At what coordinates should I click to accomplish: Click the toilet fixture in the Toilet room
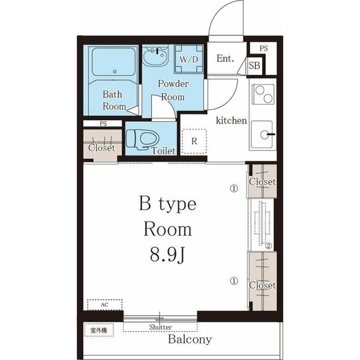tap(143, 140)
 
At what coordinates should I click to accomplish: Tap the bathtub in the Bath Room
tap(113, 62)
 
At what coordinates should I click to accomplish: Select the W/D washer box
tap(189, 59)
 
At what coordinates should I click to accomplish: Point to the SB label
tap(254, 65)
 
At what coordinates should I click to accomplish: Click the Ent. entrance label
tap(225, 59)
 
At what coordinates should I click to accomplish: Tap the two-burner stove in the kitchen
tap(263, 94)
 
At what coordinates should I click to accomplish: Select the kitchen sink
tap(262, 135)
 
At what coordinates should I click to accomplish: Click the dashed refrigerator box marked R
tap(194, 141)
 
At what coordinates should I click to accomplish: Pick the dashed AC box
tap(104, 305)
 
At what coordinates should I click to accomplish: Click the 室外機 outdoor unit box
tap(99, 330)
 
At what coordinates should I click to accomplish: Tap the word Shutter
tap(160, 327)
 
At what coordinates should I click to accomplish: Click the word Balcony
tap(190, 340)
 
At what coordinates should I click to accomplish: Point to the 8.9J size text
tap(167, 256)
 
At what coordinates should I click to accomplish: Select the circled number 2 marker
tap(268, 246)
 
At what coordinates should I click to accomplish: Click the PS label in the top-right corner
tap(264, 49)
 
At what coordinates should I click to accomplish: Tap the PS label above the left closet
tap(103, 124)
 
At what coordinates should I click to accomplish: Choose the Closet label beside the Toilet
tap(101, 148)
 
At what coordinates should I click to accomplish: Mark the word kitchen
tap(231, 121)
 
